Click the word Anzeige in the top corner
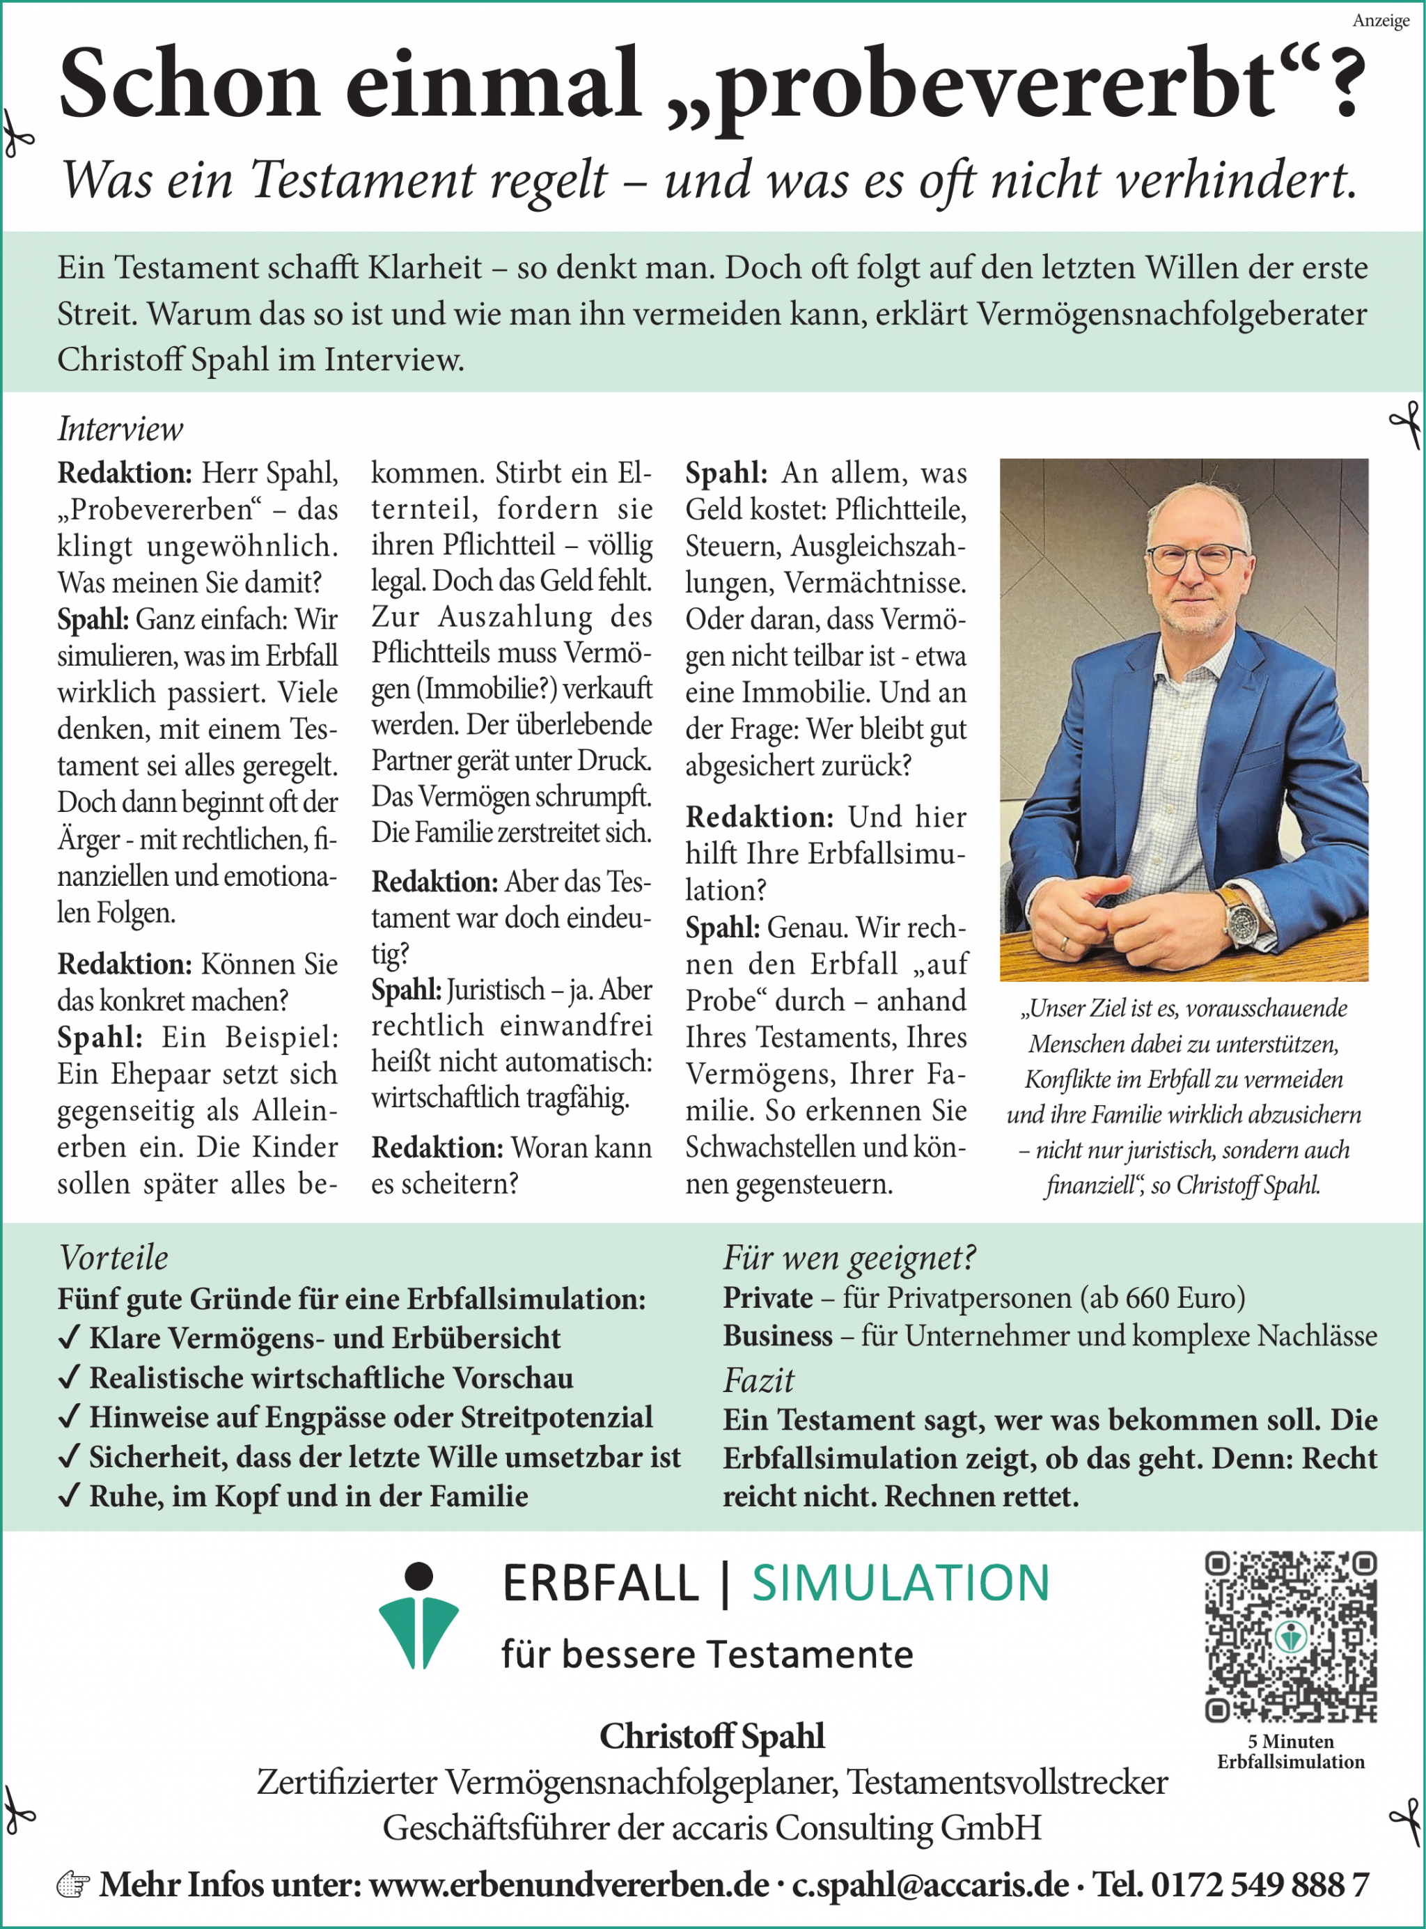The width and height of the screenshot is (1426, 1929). pyautogui.click(x=1380, y=21)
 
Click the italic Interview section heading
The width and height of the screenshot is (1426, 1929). pyautogui.click(x=120, y=429)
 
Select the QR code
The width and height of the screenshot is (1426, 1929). pyautogui.click(x=1290, y=1637)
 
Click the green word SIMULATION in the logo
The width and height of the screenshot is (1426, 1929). pyautogui.click(x=900, y=1584)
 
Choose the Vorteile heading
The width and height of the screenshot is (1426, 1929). pyautogui.click(x=113, y=1258)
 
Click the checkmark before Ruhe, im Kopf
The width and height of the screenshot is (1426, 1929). pyautogui.click(x=69, y=1496)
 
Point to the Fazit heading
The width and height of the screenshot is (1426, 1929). pyautogui.click(x=758, y=1380)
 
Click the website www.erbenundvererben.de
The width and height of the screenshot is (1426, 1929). pyautogui.click(x=569, y=1884)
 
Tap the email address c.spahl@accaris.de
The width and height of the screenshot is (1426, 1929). pyautogui.click(x=930, y=1884)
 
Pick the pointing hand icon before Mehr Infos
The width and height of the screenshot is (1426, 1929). pyautogui.click(x=72, y=1885)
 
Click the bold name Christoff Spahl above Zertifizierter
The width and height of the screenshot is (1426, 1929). pyautogui.click(x=712, y=1735)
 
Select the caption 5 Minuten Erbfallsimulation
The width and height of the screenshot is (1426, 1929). pyautogui.click(x=1290, y=1751)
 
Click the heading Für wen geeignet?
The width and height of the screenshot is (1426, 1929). pyautogui.click(x=849, y=1258)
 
